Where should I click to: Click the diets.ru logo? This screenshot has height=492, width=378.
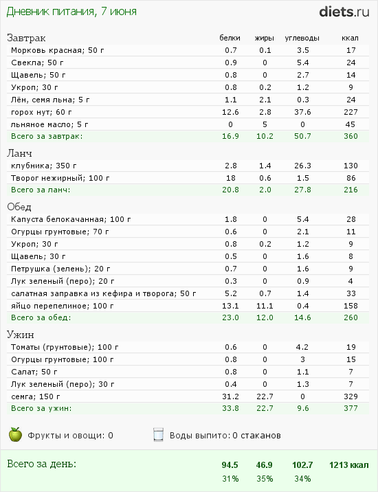345,11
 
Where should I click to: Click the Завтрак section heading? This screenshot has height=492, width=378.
27,38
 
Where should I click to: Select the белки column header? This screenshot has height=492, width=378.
230,38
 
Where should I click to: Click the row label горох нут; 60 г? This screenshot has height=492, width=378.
41,112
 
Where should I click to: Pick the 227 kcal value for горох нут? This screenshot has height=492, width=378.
351,112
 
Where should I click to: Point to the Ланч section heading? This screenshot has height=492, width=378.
19,153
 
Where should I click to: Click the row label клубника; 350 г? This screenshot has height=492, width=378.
42,166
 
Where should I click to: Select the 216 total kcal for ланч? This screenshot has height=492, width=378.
351,189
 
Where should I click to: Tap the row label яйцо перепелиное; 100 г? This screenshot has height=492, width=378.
62,306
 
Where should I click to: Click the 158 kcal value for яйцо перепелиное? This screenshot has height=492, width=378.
351,306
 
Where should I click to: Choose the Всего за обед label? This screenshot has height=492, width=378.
41,317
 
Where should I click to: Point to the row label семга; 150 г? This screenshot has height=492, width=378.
35,396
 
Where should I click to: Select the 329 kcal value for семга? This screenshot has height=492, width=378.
351,396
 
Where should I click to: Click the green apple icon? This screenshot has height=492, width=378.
15,434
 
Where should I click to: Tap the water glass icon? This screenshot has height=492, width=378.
158,434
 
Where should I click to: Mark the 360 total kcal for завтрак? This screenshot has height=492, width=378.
351,137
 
